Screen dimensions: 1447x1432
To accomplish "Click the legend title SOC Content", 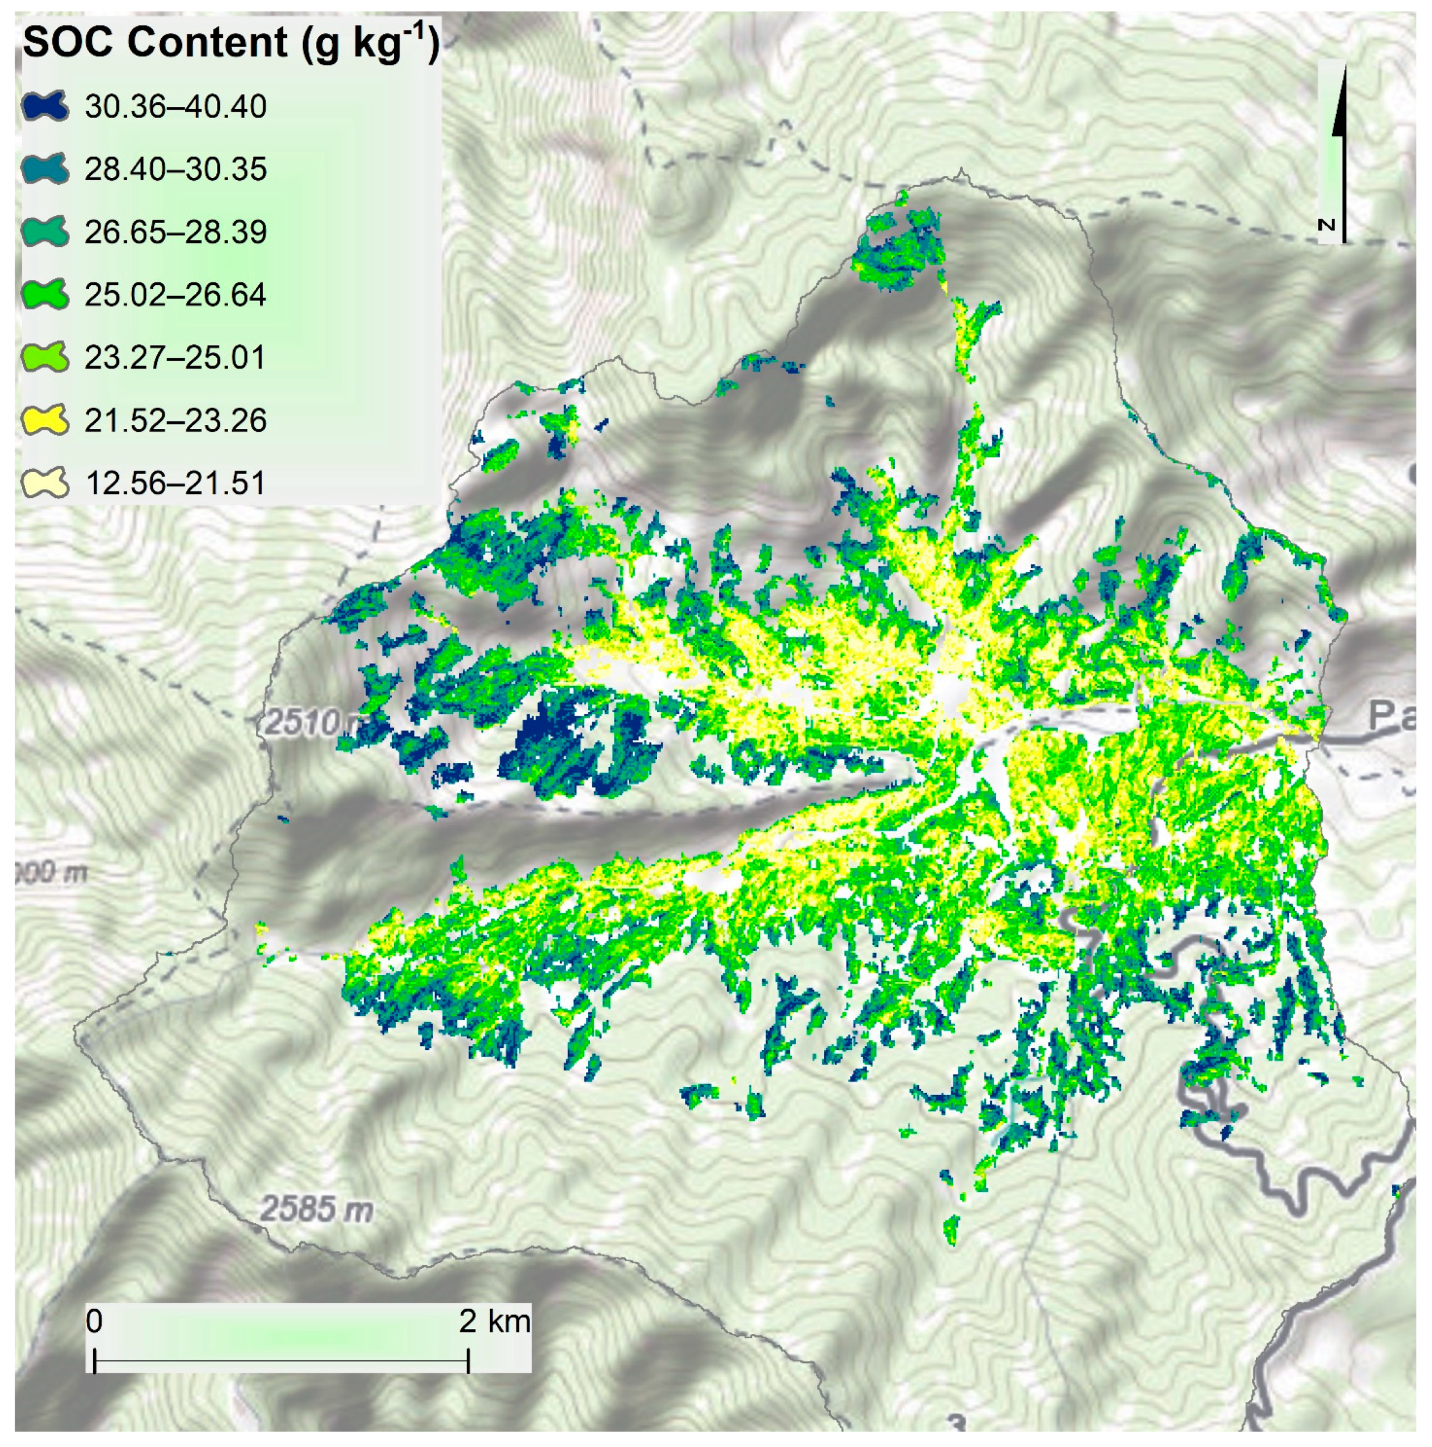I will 154,43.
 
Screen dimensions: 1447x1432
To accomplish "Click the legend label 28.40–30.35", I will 175,170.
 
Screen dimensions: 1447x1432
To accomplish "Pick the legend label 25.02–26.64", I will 175,295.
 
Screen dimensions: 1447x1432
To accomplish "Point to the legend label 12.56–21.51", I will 175,483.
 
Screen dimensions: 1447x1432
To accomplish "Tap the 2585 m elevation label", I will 317,1209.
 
